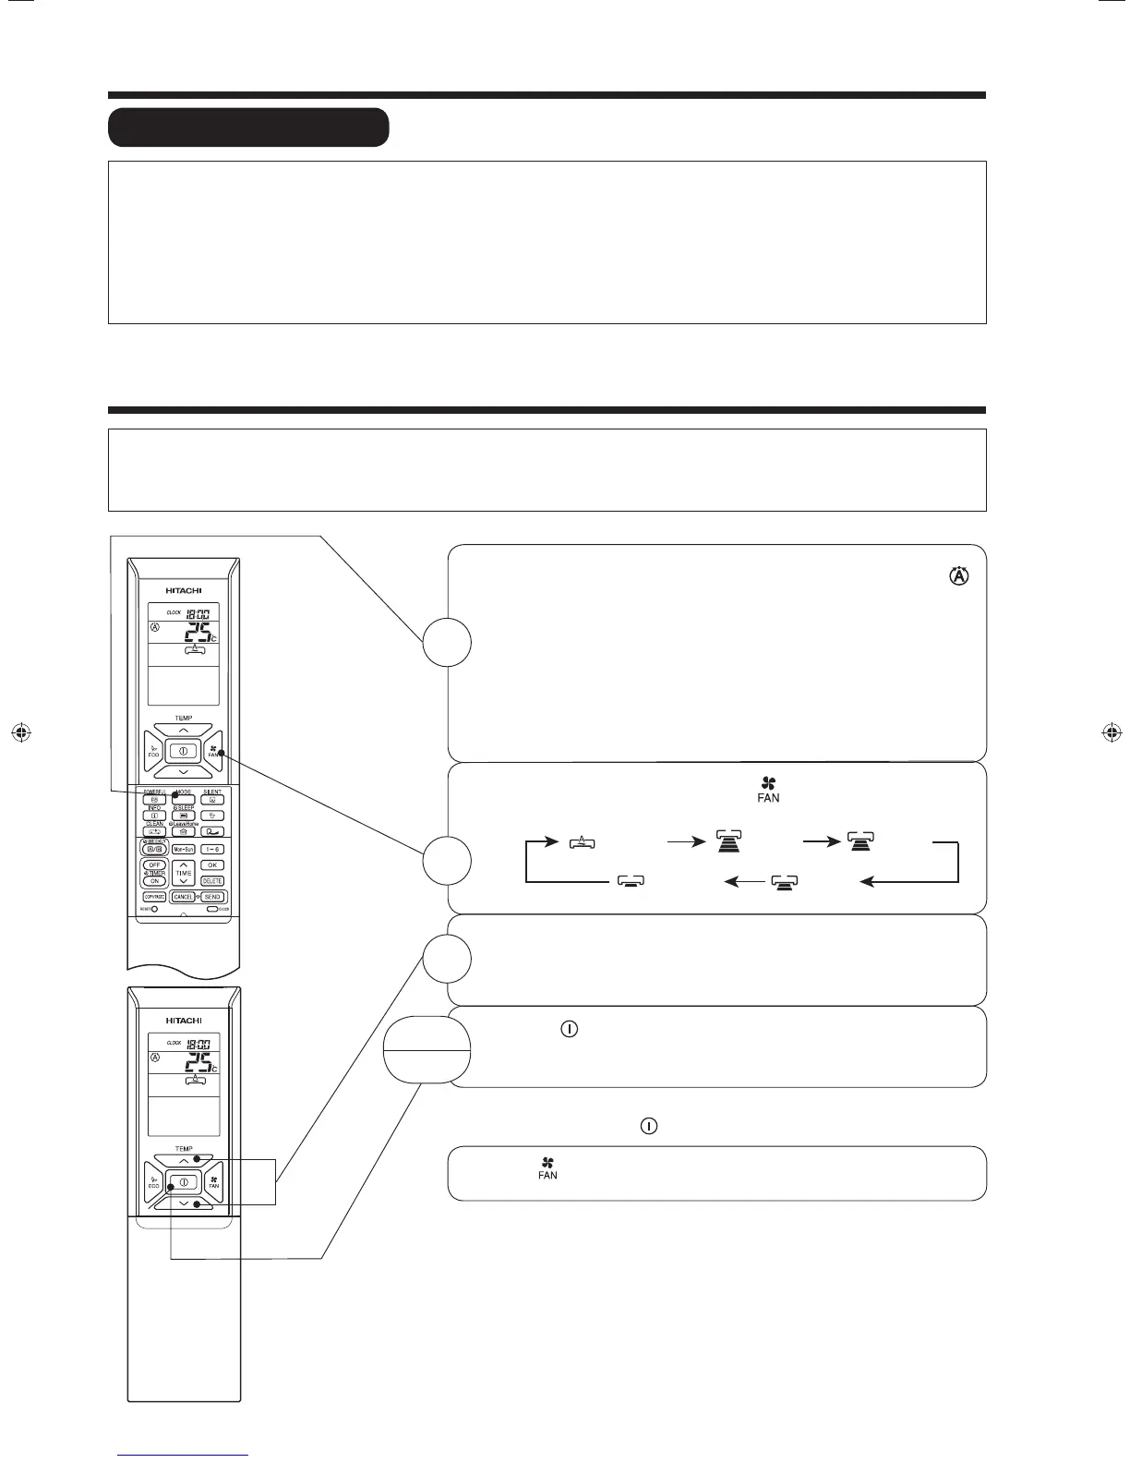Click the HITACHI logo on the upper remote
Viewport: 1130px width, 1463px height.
183,590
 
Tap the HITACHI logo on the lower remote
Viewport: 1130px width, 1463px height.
183,1021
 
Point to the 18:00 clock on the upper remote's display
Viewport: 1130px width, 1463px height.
197,613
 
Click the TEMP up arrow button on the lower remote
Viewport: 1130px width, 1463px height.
183,1160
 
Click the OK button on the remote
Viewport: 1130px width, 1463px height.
212,865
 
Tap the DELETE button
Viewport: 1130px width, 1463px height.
212,881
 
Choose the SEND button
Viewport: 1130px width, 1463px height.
212,897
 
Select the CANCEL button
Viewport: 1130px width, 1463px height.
183,897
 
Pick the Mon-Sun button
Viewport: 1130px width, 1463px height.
183,849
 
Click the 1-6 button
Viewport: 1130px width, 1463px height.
212,849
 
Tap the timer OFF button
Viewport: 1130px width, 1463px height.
154,865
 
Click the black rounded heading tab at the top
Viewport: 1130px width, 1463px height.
248,127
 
